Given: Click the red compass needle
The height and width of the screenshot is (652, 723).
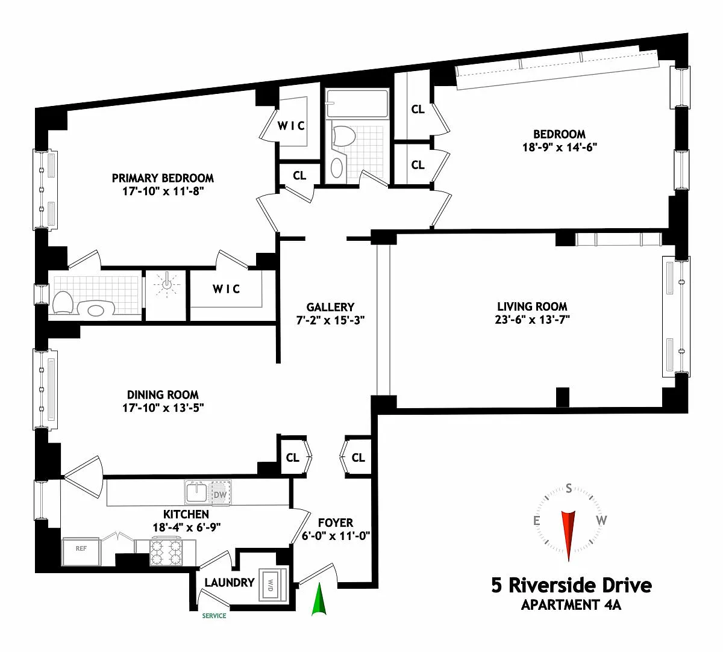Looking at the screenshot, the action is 569,535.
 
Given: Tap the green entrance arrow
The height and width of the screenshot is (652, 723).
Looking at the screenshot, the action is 319,599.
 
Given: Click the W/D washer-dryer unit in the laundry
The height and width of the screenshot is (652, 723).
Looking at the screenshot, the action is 273,585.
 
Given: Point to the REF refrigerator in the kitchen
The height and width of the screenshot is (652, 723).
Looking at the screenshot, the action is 81,552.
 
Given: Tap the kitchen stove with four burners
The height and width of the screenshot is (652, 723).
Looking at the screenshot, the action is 166,552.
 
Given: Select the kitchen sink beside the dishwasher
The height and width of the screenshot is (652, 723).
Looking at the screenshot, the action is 196,492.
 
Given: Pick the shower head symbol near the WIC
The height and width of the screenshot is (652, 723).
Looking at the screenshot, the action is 166,284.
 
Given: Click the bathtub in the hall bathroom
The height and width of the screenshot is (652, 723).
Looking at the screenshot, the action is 357,104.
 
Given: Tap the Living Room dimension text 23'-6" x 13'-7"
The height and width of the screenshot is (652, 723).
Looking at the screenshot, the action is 532,320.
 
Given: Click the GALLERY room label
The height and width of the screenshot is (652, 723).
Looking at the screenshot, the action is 330,307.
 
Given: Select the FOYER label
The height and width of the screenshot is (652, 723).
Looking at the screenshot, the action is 336,523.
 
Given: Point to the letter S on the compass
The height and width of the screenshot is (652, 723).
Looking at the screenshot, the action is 569,488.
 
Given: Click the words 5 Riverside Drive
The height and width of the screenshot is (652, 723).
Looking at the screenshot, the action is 571,585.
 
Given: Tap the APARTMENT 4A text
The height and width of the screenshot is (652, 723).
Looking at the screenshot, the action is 571,605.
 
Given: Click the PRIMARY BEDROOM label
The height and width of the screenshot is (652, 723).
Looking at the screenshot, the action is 163,178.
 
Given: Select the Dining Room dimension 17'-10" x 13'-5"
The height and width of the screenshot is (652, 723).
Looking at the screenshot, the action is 163,408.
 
